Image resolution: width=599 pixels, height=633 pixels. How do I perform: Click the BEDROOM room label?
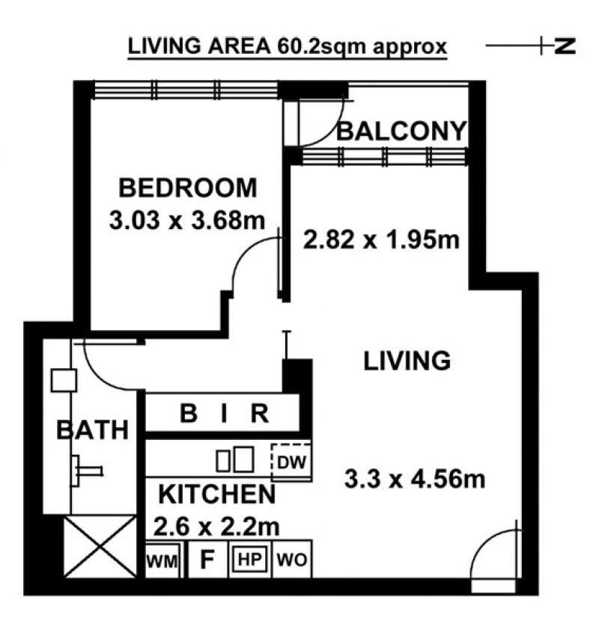pos(188,188)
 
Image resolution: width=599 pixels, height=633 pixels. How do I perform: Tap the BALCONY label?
pos(401,131)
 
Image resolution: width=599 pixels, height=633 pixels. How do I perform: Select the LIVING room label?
pos(407,361)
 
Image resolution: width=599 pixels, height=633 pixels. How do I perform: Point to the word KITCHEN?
pos(217,494)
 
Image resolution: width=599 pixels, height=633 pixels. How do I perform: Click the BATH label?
pos(93,429)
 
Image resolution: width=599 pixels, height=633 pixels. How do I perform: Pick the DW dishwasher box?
pos(291,462)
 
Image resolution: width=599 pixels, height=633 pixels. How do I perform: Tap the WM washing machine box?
pos(162,560)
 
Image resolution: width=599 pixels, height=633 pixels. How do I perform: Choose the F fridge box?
pos(207,560)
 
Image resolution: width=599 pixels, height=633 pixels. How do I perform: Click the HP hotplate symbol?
pos(249,560)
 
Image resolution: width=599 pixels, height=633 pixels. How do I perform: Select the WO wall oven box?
pos(292,560)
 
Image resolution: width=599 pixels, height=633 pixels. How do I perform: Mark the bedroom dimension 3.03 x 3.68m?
pos(187,221)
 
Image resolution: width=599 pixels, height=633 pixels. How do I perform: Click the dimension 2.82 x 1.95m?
pos(381,239)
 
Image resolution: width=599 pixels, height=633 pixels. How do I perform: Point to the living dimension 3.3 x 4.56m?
pos(415,479)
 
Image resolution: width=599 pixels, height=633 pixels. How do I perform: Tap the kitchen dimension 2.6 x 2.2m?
pos(216,527)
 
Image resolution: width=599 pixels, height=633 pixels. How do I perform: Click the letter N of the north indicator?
pos(565,46)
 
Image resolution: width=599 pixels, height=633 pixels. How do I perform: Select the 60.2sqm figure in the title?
pos(322,46)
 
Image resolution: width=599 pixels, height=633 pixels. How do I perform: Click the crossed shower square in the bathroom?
pos(100,547)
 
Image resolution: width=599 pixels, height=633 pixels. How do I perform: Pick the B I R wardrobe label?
pos(224,413)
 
